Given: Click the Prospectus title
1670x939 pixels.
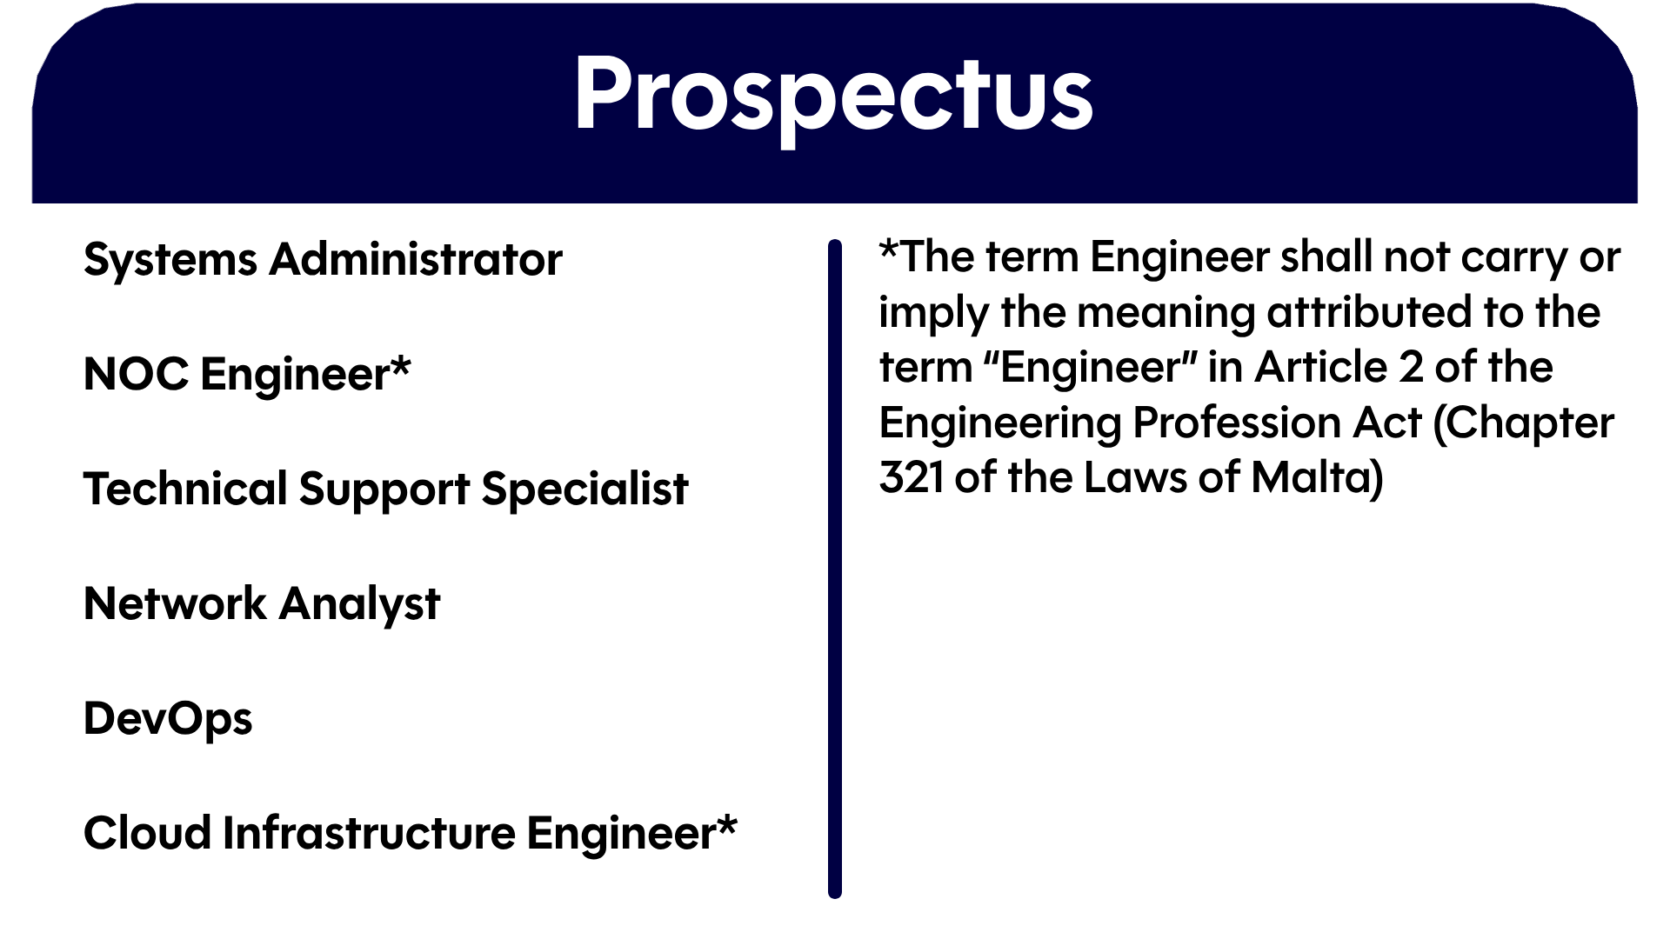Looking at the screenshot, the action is point(832,96).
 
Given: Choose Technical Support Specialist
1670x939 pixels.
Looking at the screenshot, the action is point(385,489).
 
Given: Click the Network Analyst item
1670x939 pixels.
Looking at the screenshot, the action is point(262,604).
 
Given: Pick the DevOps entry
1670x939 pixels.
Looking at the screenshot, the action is point(168,719).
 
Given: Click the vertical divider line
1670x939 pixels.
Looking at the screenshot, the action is point(835,569).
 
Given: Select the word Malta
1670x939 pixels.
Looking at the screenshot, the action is point(1317,477).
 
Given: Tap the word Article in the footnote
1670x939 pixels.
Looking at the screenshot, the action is point(1320,367).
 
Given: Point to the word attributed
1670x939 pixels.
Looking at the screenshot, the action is point(1357,312).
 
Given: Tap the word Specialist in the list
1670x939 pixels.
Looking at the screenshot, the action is point(584,489).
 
